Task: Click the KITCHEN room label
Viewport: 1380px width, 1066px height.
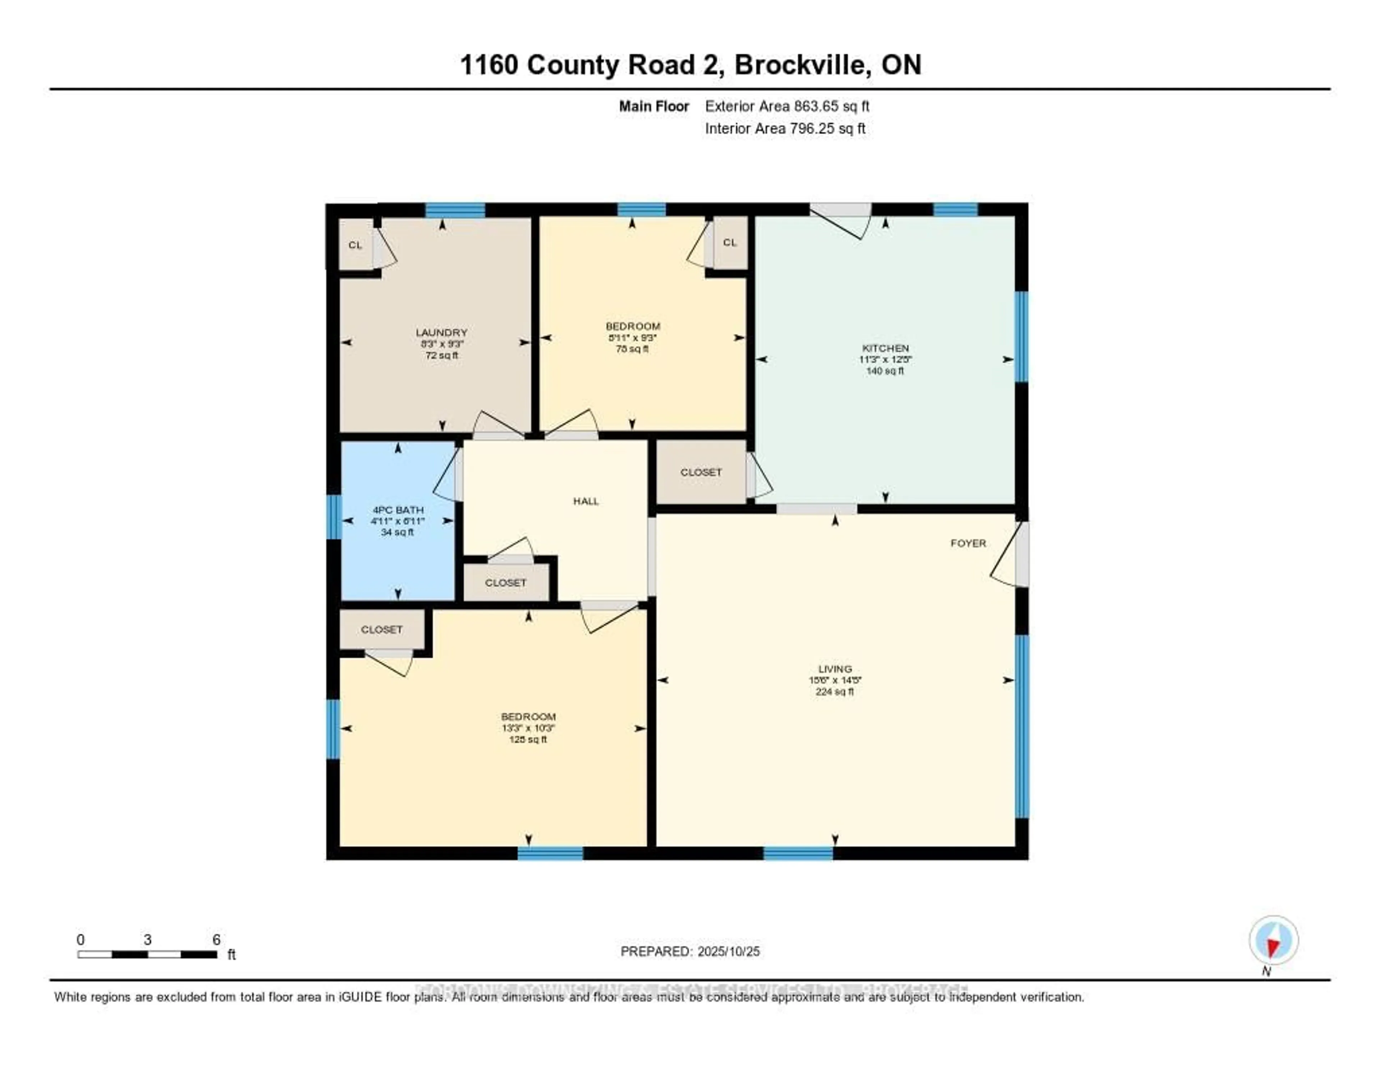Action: tap(885, 348)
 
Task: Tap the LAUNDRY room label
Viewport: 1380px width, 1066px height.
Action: tap(441, 332)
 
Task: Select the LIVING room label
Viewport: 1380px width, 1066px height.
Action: tap(835, 668)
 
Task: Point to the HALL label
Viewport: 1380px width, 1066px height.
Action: tap(586, 501)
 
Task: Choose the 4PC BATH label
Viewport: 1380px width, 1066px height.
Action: tap(397, 510)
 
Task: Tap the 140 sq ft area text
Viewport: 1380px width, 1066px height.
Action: tap(885, 371)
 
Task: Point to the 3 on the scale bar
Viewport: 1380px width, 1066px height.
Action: tap(147, 939)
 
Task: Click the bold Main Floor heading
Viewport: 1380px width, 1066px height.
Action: tap(653, 106)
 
